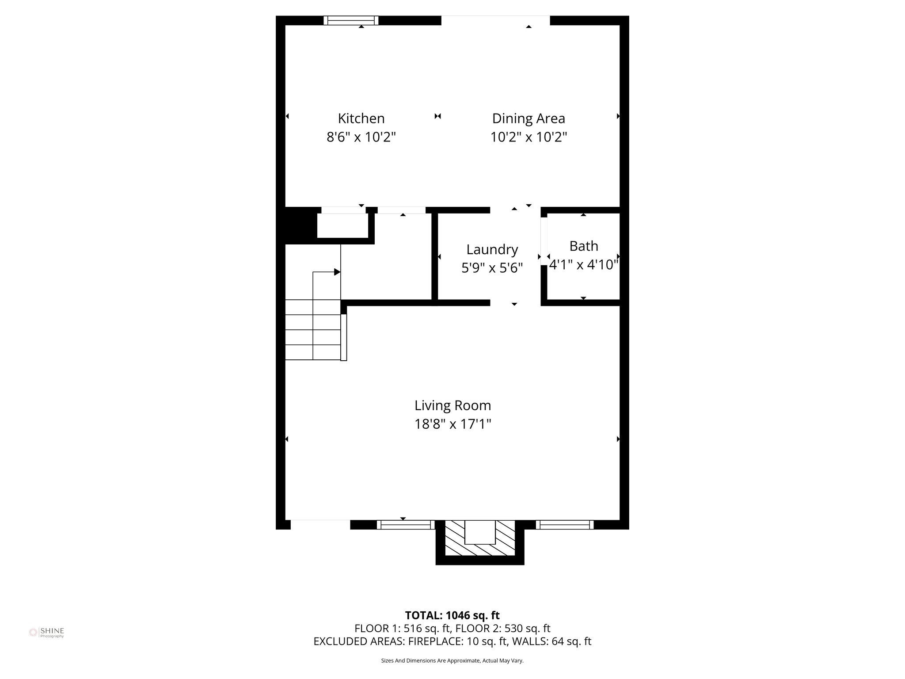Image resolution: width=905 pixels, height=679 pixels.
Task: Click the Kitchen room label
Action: pyautogui.click(x=361, y=118)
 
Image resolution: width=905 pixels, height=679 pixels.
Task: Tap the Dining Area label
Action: pyautogui.click(x=529, y=118)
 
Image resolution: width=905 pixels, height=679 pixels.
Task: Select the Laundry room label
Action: pyautogui.click(x=492, y=249)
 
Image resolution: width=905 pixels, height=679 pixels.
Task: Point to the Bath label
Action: pyautogui.click(x=583, y=246)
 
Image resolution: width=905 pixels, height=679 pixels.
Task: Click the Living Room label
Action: pyautogui.click(x=452, y=405)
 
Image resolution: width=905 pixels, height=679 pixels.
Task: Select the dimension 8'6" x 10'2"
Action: pyautogui.click(x=361, y=137)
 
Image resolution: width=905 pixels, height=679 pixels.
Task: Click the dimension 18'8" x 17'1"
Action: pyautogui.click(x=452, y=424)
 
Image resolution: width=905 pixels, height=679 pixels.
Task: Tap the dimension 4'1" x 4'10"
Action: pyautogui.click(x=583, y=265)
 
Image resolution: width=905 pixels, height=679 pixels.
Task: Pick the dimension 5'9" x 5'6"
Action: pyautogui.click(x=492, y=268)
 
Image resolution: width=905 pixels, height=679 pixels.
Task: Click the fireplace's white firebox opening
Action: pyautogui.click(x=479, y=532)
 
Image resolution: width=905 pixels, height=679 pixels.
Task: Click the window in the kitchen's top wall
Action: pyautogui.click(x=351, y=20)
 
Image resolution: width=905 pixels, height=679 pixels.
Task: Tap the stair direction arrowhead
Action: pyautogui.click(x=337, y=272)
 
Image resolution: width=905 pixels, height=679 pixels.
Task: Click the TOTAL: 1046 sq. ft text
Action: pyautogui.click(x=452, y=615)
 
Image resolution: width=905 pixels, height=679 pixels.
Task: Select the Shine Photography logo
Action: pyautogui.click(x=46, y=633)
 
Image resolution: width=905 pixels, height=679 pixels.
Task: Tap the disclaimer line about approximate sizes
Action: pyautogui.click(x=452, y=660)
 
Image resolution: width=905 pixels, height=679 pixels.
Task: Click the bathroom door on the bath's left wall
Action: pyautogui.click(x=544, y=240)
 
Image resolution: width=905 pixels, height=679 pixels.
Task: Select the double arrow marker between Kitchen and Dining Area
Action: pyautogui.click(x=437, y=116)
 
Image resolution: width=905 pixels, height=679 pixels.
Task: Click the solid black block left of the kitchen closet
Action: pyautogui.click(x=300, y=225)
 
